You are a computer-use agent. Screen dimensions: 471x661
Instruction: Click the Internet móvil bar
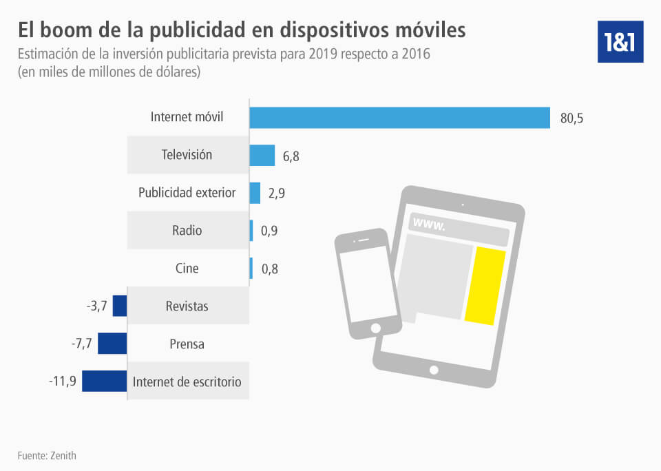(399, 117)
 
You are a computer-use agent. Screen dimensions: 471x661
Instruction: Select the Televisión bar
(262, 156)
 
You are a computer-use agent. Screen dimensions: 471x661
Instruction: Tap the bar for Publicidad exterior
(255, 193)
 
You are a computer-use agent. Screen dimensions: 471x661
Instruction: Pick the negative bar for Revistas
(120, 306)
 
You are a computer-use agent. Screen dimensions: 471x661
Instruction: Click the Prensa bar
(112, 343)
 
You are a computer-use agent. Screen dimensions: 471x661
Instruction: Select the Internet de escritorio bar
(105, 381)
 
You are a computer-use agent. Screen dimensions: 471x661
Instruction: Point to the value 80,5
(571, 118)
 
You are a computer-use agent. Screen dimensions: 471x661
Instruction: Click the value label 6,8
(291, 156)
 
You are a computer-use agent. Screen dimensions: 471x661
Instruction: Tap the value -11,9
(61, 381)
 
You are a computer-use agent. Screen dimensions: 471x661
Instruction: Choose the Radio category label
(187, 231)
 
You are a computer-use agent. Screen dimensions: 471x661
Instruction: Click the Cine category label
(187, 268)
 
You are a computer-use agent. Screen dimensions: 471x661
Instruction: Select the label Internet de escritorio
(187, 381)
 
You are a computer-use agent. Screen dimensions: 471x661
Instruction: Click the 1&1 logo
(620, 41)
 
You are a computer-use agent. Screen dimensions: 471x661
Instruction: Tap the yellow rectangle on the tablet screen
(485, 286)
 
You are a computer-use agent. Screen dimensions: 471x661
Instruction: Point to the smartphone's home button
(376, 327)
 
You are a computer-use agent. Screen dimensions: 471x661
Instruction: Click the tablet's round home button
(434, 370)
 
